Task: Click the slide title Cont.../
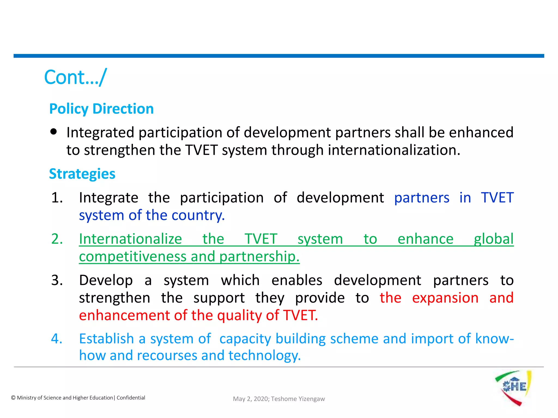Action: [x=75, y=77]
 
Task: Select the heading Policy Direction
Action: [x=101, y=109]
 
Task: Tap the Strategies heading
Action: [x=82, y=174]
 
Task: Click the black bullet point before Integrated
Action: [x=54, y=132]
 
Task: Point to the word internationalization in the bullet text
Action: [x=394, y=150]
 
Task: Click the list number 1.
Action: [x=57, y=198]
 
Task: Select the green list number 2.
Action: [x=57, y=239]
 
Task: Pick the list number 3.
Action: [x=57, y=280]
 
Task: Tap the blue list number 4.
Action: [x=57, y=339]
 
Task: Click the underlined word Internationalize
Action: [x=130, y=239]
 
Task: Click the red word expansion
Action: [x=445, y=298]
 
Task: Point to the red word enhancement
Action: [x=124, y=315]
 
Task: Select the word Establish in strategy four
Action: [x=106, y=339]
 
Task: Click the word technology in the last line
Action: [x=264, y=356]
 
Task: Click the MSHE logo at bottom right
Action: [x=513, y=387]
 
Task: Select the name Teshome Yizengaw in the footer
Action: [x=298, y=399]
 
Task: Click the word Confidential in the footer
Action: [x=131, y=398]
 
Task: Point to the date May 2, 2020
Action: [x=251, y=399]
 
